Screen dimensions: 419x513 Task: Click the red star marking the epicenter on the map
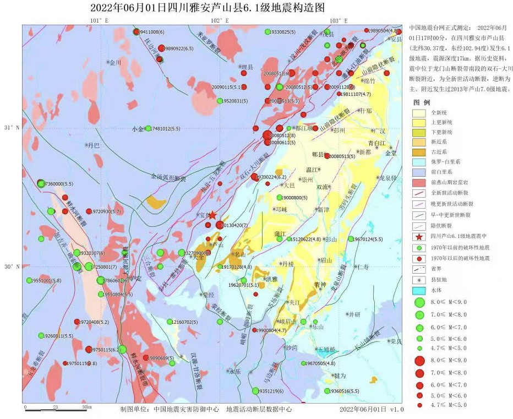click(212, 215)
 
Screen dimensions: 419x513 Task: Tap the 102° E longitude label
click(220, 20)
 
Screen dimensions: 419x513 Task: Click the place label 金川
click(115, 63)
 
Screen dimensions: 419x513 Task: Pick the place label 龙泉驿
click(388, 178)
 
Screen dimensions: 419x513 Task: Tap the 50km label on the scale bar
click(86, 406)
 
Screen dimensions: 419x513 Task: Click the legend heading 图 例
click(422, 102)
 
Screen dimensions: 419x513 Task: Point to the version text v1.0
click(397, 410)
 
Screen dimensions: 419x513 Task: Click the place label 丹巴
click(93, 145)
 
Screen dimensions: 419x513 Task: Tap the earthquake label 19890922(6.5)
click(179, 48)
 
